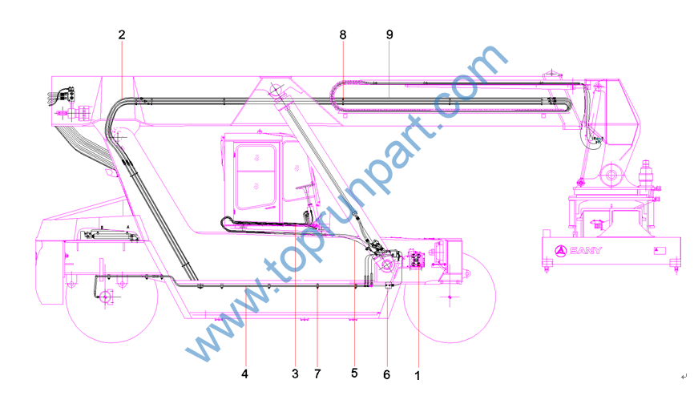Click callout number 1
(417, 376)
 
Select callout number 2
(122, 34)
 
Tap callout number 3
(295, 374)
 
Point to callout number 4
(244, 374)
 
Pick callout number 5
(354, 373)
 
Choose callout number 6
(386, 375)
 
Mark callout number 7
(317, 374)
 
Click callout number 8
(343, 34)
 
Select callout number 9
(389, 34)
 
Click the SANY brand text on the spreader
(586, 250)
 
